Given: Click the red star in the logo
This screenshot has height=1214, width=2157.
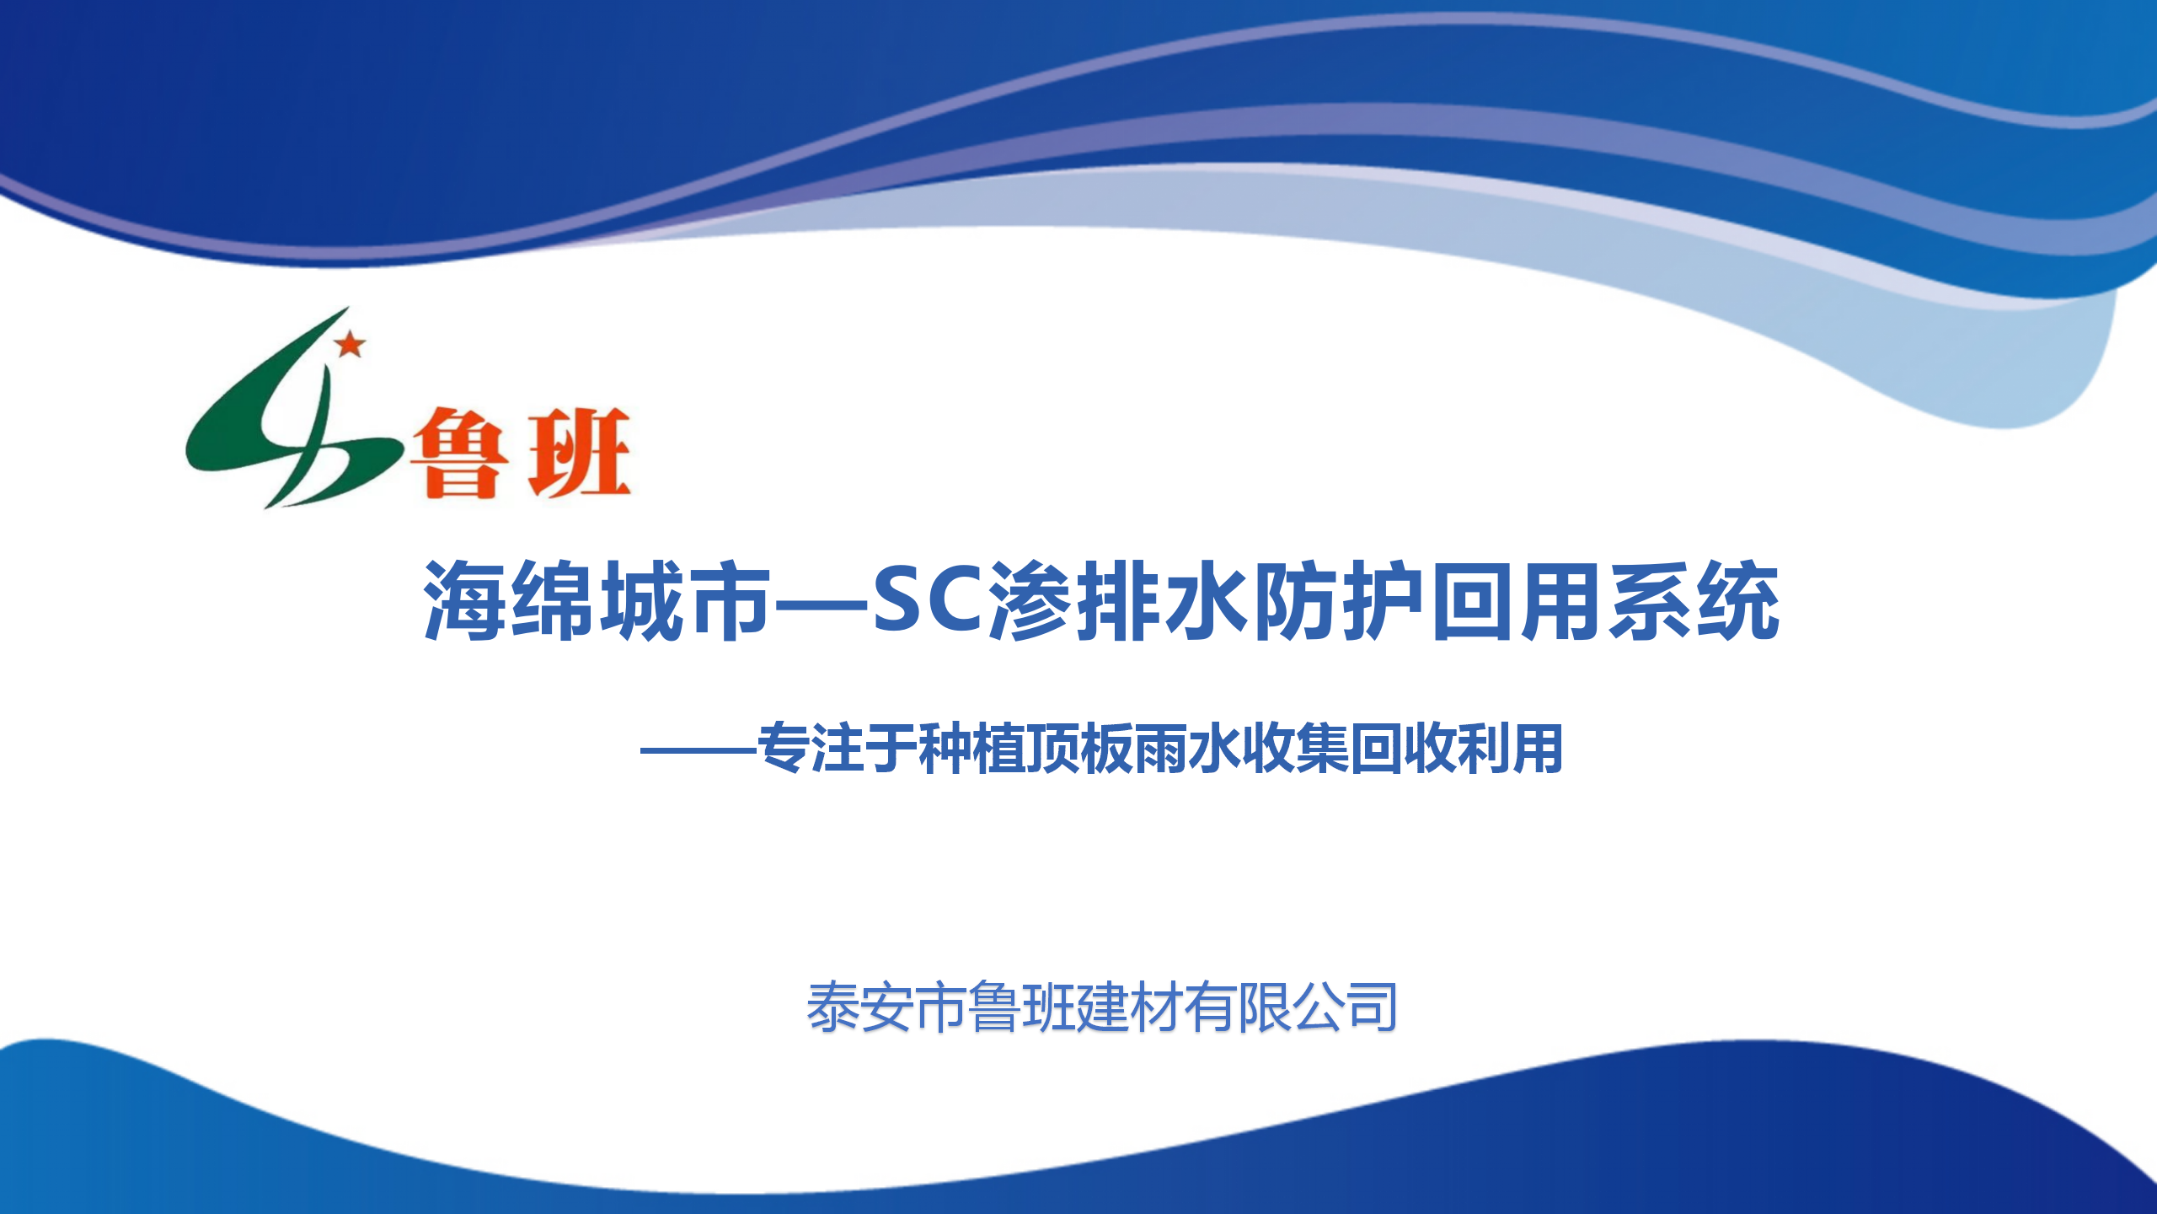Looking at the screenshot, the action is point(350,344).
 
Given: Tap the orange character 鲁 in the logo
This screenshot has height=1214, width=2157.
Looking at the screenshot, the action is point(459,454).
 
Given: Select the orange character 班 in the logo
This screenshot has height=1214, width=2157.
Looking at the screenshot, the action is point(580,453).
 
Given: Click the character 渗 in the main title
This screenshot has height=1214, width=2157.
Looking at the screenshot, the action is point(1030,600).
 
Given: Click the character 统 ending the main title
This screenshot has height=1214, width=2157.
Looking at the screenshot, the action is point(1737,600).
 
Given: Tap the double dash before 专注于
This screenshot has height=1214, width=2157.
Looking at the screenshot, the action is point(698,749).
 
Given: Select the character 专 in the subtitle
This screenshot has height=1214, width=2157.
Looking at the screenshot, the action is point(784,749).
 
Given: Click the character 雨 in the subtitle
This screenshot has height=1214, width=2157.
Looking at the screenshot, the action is point(1161,749).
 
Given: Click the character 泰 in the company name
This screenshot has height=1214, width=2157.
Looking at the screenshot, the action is point(833,1007).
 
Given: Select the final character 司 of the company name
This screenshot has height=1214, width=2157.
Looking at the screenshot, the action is point(1371,1007).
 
